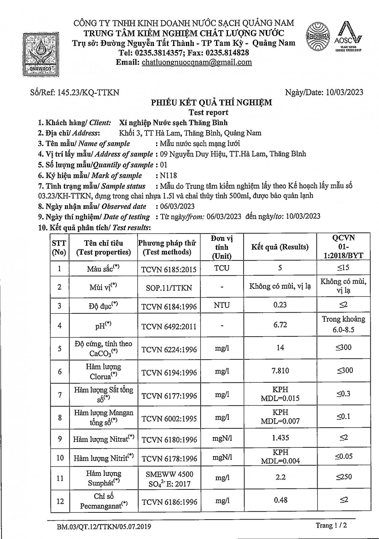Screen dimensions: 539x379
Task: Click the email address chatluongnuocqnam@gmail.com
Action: coord(197,62)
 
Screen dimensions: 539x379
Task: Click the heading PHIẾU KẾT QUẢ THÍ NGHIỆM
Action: coord(211,102)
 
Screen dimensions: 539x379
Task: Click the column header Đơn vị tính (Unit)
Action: coord(222,247)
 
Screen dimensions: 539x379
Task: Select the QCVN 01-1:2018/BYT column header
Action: coord(343,247)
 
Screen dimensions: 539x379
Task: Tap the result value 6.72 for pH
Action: coord(280,325)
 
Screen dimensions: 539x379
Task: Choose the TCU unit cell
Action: coord(222,268)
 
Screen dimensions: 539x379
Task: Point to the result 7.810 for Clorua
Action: coord(280,370)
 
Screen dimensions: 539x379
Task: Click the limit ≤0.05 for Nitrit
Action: coord(343,456)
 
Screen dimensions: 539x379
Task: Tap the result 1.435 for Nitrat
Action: coord(280,438)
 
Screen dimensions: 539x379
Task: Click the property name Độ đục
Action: coord(103,306)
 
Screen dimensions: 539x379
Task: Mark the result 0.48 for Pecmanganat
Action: coord(280,500)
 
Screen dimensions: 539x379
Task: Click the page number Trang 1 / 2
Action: coord(331,525)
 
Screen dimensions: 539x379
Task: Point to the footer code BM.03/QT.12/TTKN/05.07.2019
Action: coord(104,527)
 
